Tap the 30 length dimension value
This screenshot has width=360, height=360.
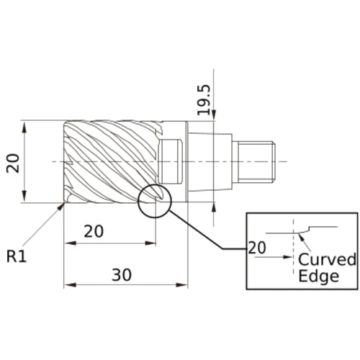(122, 274)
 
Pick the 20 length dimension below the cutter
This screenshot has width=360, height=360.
(94, 232)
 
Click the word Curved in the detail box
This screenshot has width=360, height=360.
(327, 260)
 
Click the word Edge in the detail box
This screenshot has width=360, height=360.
(318, 276)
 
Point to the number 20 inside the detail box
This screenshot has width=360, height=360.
(257, 248)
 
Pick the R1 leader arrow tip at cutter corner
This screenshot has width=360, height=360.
(63, 204)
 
